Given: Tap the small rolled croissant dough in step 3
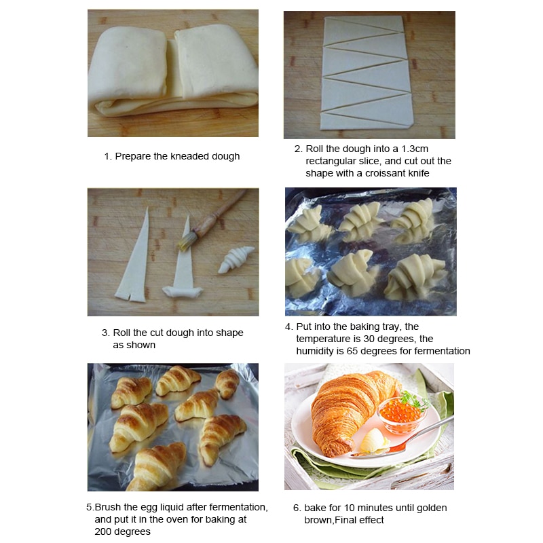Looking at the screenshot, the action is pos(236,259).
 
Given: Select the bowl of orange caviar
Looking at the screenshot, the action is pos(402,415).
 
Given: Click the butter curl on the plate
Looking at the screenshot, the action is pos(374,440).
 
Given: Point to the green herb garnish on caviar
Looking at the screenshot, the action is pos(414,400).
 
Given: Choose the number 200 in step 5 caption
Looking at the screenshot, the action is pos(103,531).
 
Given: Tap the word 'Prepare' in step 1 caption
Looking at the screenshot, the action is pos(132,156).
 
